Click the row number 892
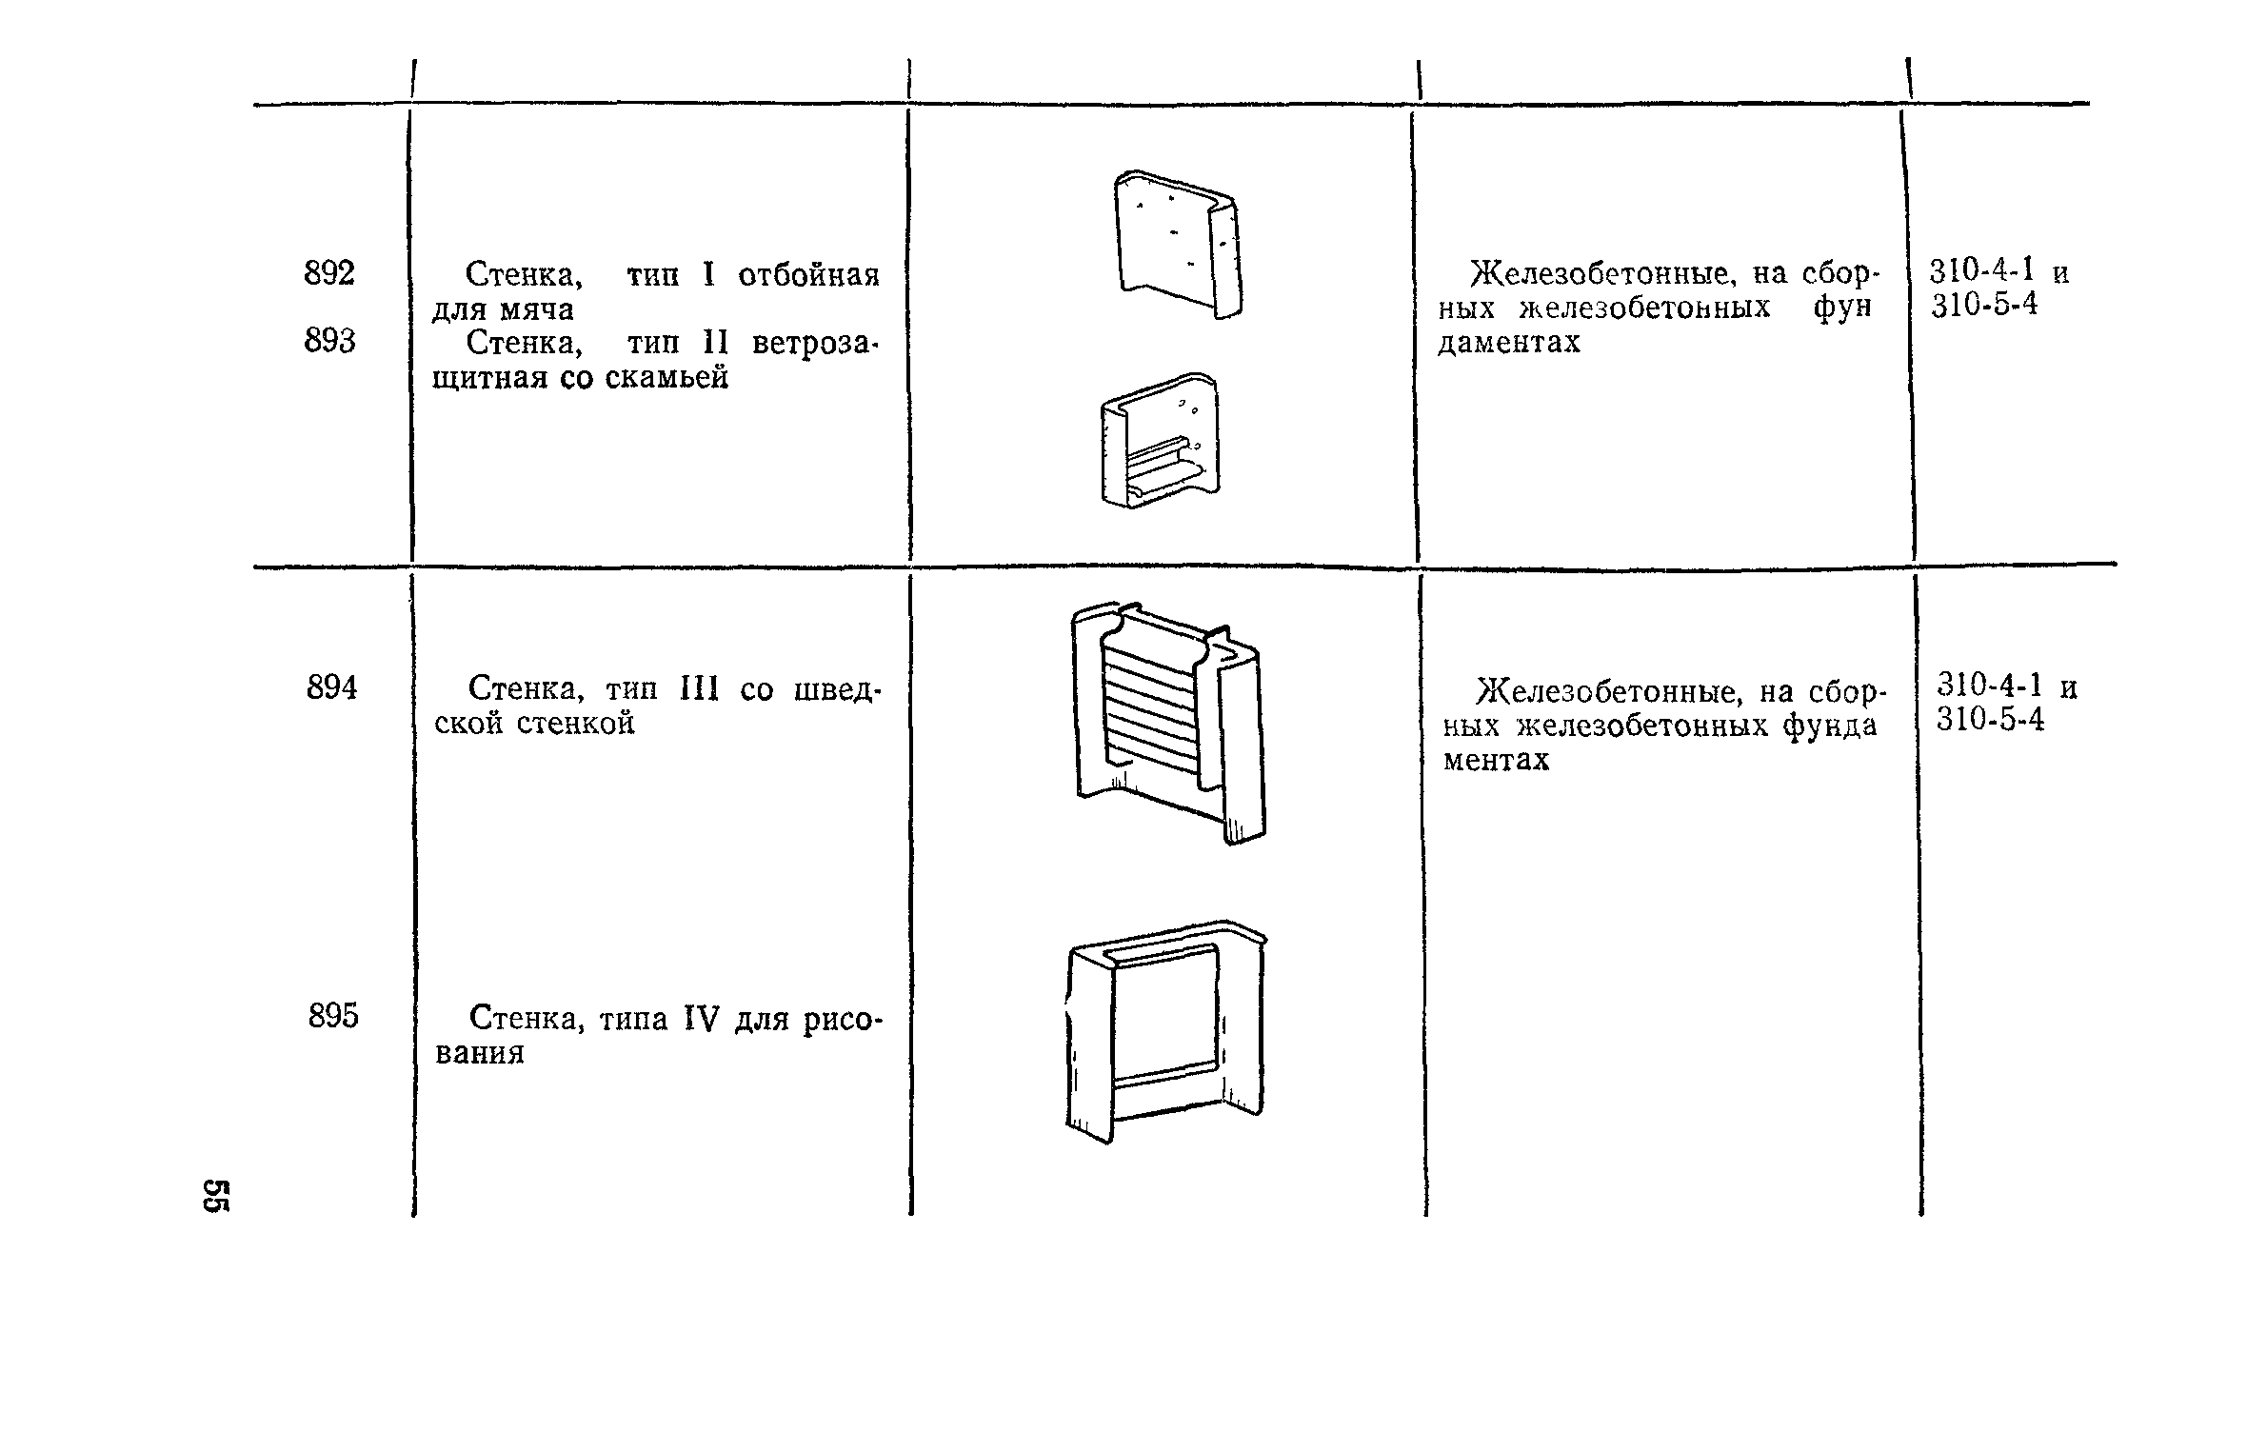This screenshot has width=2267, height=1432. [329, 273]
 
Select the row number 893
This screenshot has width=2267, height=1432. [329, 340]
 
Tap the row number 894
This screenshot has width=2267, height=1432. [331, 686]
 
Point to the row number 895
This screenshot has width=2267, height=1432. [333, 1016]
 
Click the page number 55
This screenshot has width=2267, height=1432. [215, 1196]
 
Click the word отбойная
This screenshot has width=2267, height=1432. [809, 275]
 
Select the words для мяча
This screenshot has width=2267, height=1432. [503, 309]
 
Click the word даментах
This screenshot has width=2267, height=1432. [1509, 342]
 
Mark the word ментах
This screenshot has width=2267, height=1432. [1497, 760]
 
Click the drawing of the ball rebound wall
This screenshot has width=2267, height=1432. [1179, 245]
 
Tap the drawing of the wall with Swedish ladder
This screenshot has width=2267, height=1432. [1169, 723]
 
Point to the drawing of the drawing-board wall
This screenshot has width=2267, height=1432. [1167, 1030]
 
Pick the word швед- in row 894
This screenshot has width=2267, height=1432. [838, 688]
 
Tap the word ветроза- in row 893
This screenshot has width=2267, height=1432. [815, 343]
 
